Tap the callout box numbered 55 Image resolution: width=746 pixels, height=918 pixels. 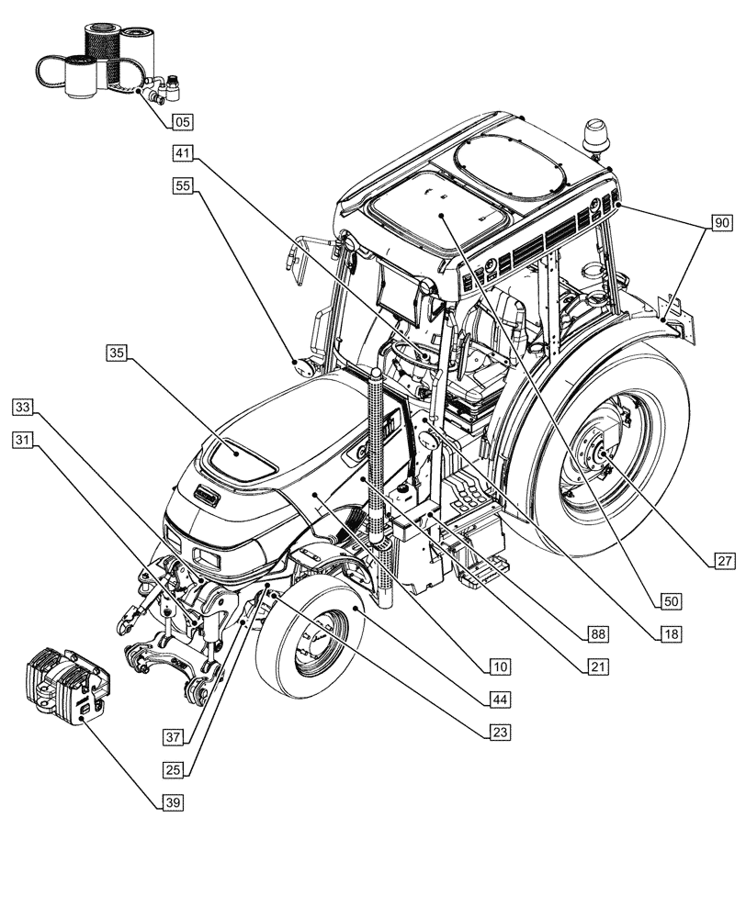182,185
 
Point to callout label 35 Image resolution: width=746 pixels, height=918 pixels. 116,353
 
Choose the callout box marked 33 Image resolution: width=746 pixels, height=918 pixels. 24,406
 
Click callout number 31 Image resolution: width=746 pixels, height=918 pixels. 24,441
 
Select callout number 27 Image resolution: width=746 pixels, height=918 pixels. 721,559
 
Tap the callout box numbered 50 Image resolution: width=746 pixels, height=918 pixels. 670,601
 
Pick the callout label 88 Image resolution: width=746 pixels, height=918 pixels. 599,634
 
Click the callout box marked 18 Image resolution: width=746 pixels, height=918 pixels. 670,634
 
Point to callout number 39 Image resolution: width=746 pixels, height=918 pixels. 171,802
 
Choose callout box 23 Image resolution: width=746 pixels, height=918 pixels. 499,732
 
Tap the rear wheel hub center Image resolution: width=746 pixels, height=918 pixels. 598,453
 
